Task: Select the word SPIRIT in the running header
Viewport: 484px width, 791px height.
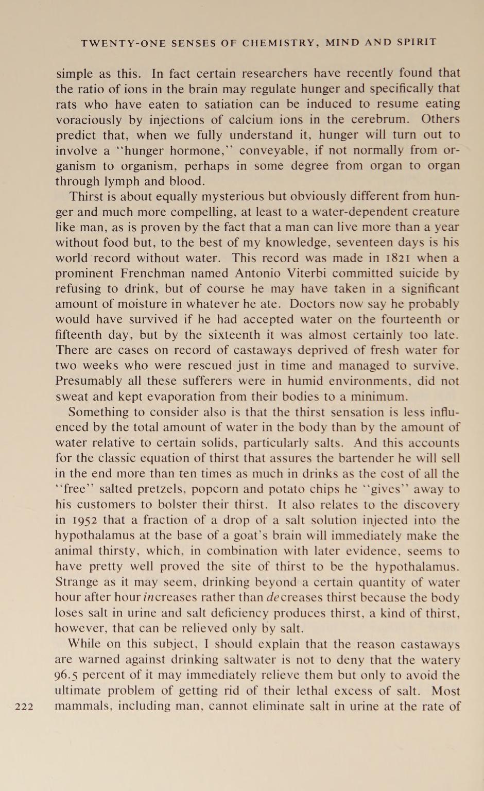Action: pyautogui.click(x=417, y=42)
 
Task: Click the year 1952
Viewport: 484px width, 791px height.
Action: pyautogui.click(x=81, y=520)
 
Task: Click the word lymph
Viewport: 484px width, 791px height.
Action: pyautogui.click(x=125, y=181)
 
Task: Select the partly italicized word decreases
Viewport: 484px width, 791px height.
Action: pyautogui.click(x=294, y=597)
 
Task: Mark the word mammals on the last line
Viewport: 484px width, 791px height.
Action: pyautogui.click(x=83, y=707)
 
